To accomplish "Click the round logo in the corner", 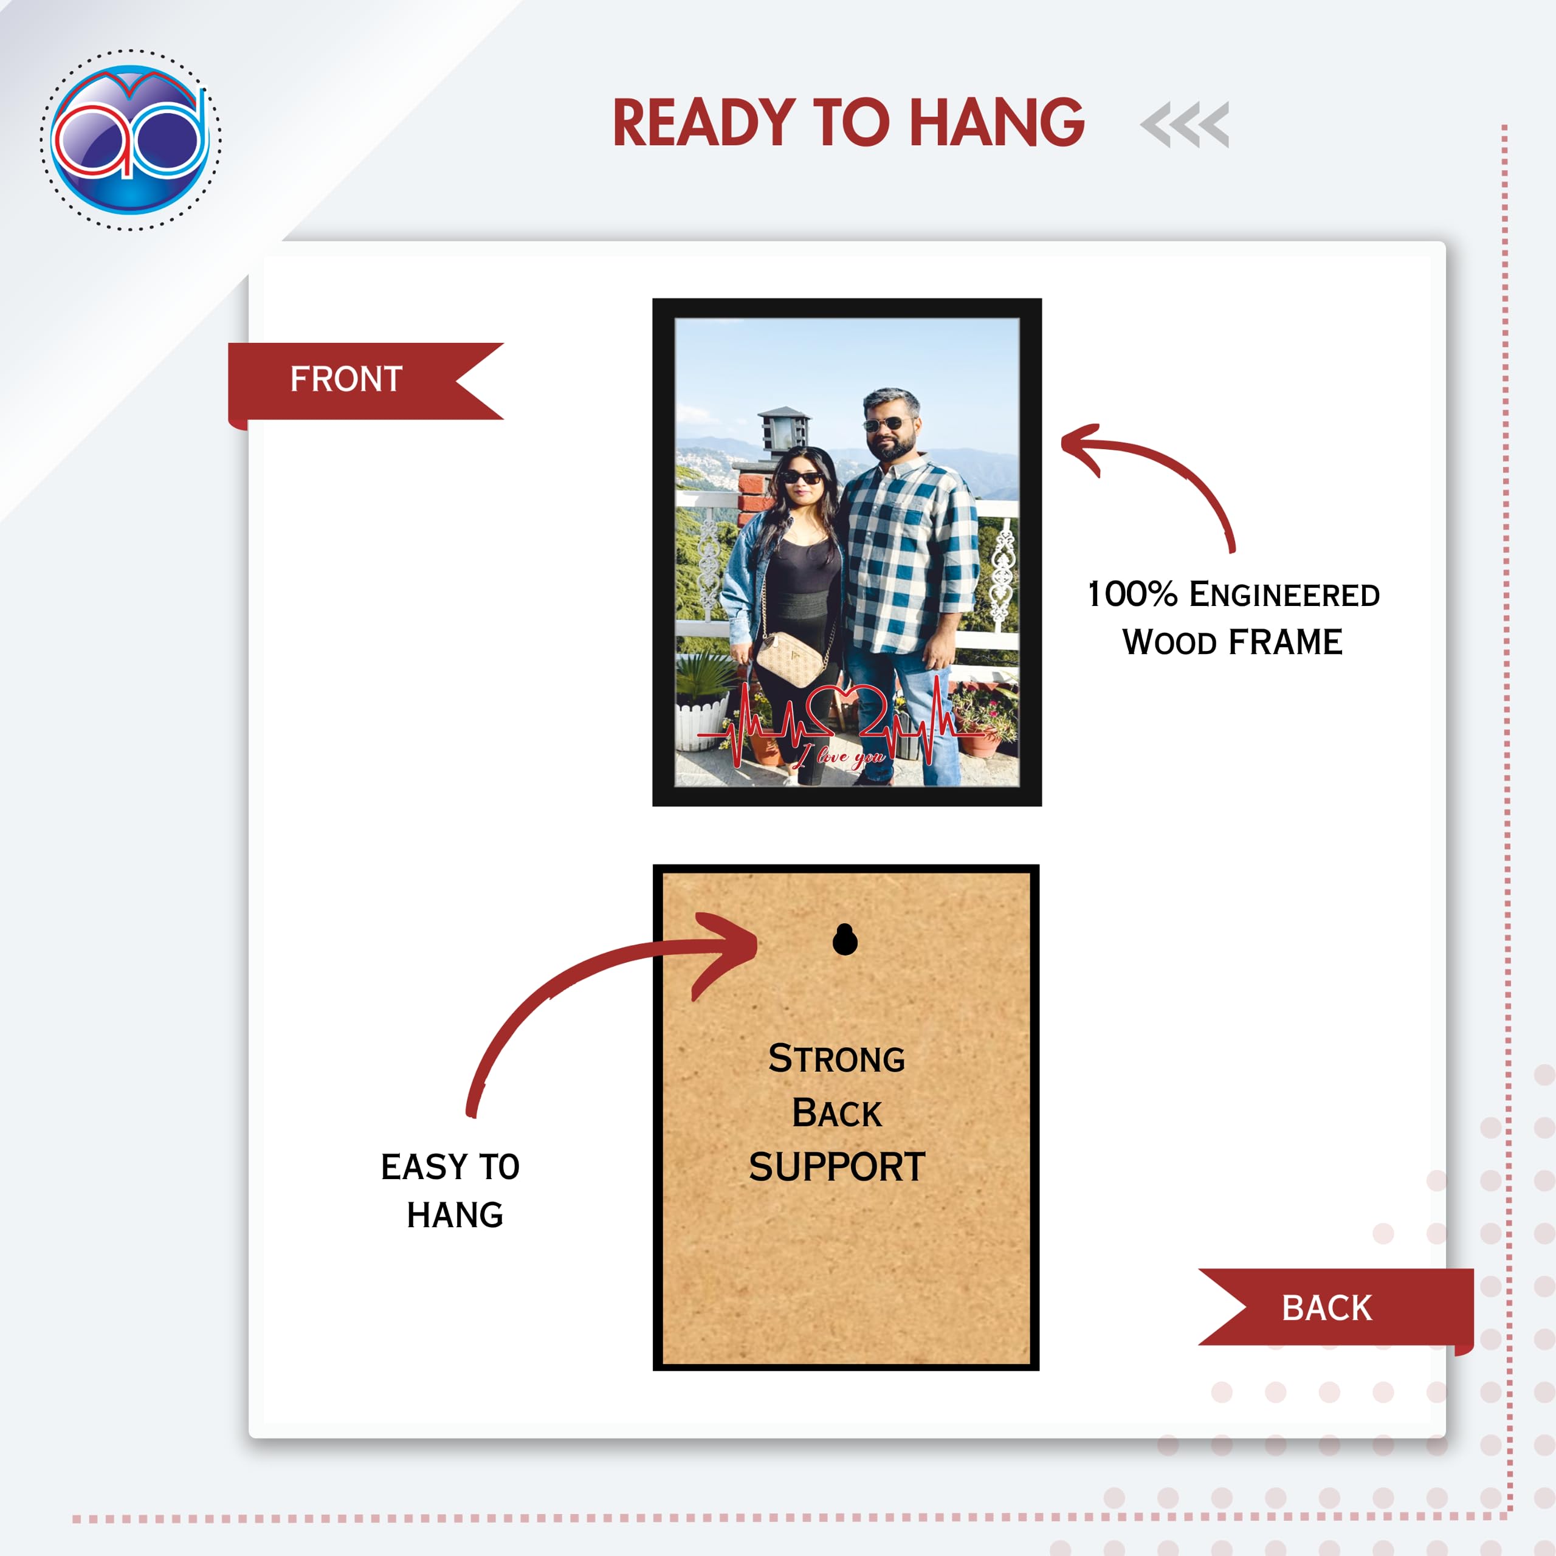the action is click(131, 139).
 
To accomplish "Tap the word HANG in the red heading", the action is click(997, 123).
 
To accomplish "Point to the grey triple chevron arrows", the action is click(1185, 125).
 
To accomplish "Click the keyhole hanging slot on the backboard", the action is click(845, 939).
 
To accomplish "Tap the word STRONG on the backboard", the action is click(837, 1058).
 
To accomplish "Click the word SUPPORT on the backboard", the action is click(838, 1167).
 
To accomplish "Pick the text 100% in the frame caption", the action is click(1132, 594).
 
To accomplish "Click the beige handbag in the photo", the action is click(790, 659).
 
